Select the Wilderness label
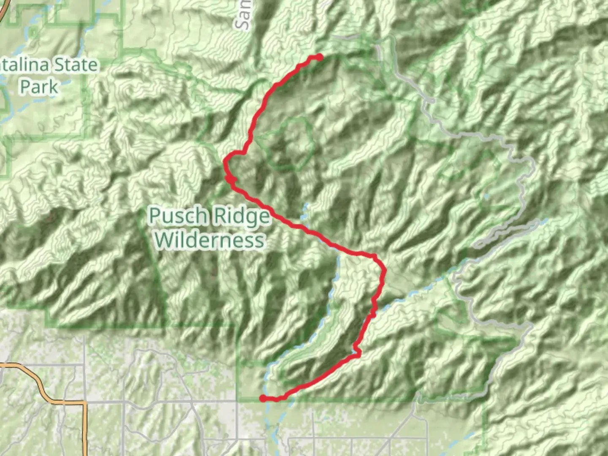click(x=209, y=240)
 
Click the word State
click(x=76, y=65)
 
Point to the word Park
click(x=39, y=87)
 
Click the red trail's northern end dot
click(x=320, y=57)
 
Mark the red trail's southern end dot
click(x=263, y=398)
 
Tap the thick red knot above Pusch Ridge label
click(x=230, y=179)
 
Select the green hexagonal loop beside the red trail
click(x=291, y=144)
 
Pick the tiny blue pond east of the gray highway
click(x=487, y=196)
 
